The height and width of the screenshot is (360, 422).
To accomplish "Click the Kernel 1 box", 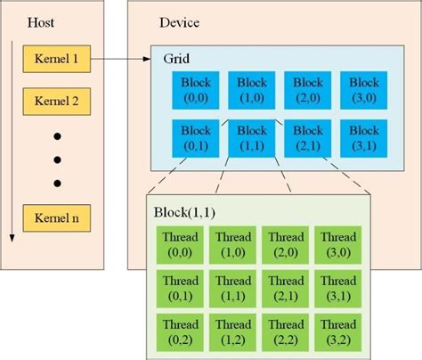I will [x=58, y=60].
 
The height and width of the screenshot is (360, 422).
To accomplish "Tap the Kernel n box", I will [x=58, y=217].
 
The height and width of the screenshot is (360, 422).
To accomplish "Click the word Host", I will [x=41, y=21].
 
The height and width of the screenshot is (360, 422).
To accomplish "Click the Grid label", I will [x=176, y=58].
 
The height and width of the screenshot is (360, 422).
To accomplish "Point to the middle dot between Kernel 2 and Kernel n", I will [x=58, y=160].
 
